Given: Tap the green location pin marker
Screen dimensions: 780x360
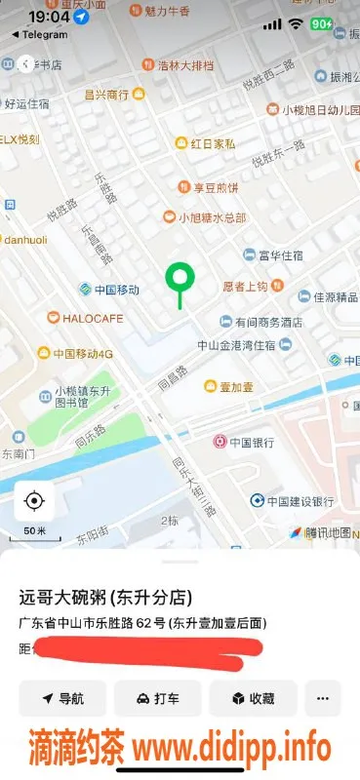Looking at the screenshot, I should pyautogui.click(x=179, y=280).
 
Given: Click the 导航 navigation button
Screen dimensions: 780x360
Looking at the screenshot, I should pyautogui.click(x=61, y=698).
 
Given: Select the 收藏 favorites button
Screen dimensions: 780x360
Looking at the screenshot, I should pyautogui.click(x=253, y=698).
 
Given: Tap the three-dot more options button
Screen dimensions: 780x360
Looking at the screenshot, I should pyautogui.click(x=323, y=698).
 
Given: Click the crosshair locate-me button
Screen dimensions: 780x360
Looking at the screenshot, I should pyautogui.click(x=34, y=501).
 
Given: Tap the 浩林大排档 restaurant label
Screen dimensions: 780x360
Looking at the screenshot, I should pyautogui.click(x=190, y=65).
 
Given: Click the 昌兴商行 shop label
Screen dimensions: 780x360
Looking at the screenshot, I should pyautogui.click(x=106, y=95).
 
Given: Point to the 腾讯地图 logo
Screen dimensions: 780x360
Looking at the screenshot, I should pyautogui.click(x=321, y=532).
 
